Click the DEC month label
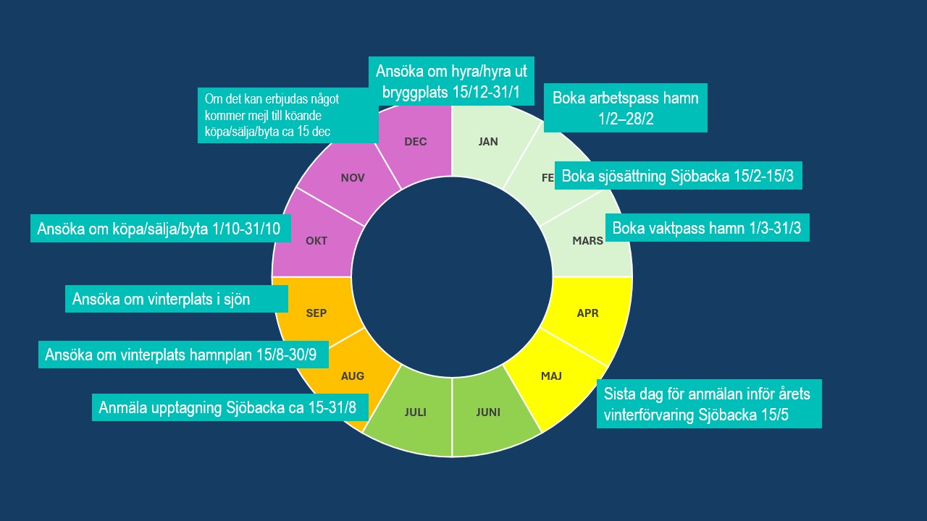click(x=416, y=142)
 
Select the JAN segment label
click(x=488, y=142)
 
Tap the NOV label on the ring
click(x=353, y=178)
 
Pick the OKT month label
click(x=316, y=241)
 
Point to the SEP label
click(x=316, y=313)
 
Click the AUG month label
click(x=353, y=376)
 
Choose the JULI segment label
click(x=416, y=412)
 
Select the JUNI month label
click(x=488, y=412)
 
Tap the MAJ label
click(x=551, y=376)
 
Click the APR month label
click(x=587, y=313)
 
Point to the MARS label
click(x=587, y=241)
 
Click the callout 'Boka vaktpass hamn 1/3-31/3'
click(x=708, y=227)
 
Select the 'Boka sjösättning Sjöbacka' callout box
click(x=679, y=175)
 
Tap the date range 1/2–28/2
click(x=626, y=119)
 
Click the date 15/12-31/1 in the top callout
click(x=485, y=92)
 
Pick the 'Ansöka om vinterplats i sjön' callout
click(x=177, y=299)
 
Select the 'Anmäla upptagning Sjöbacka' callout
click(x=230, y=407)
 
